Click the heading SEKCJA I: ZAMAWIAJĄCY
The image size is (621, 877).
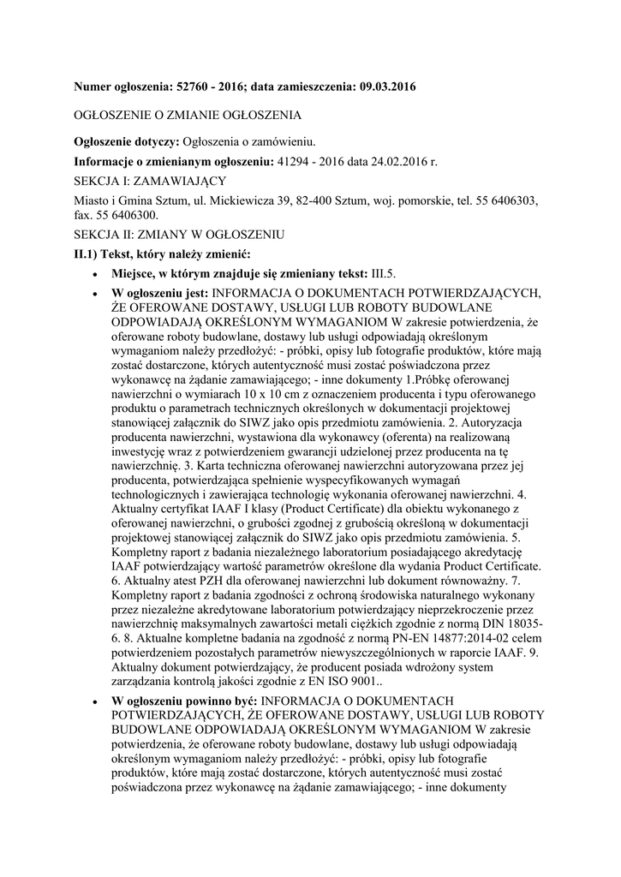tap(150, 182)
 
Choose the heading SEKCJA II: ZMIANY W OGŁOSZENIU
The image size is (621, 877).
tap(180, 236)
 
